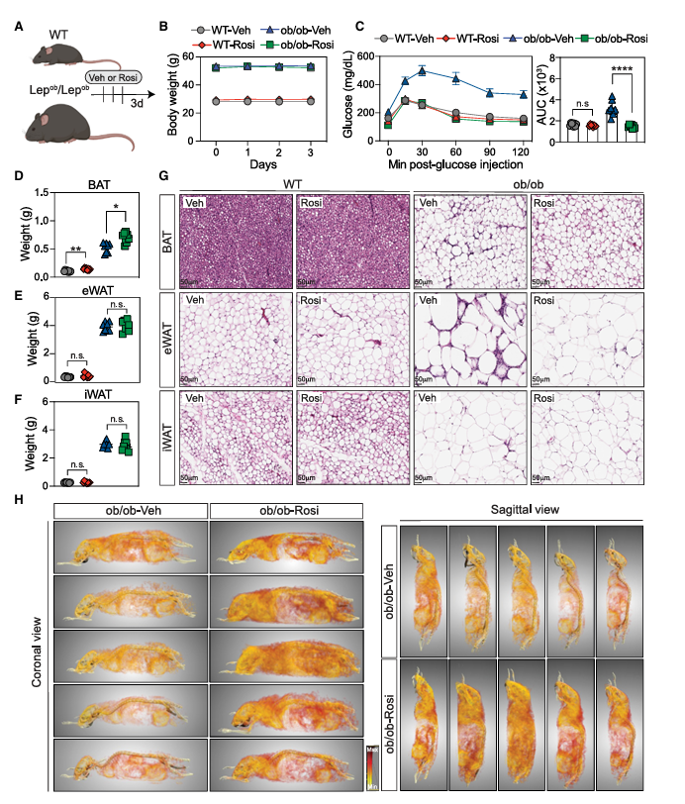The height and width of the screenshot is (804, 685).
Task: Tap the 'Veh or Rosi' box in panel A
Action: coord(113,76)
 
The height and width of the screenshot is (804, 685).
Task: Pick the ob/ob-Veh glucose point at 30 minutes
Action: coord(422,70)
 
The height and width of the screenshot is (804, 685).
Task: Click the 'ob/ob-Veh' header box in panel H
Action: coord(132,510)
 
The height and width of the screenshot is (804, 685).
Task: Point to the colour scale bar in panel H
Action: coord(370,767)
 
